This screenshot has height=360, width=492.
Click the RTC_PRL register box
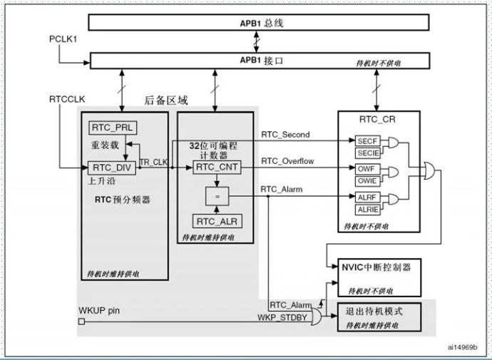[113, 128]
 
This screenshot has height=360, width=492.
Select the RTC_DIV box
[112, 168]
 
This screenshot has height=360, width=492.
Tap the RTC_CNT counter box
[217, 167]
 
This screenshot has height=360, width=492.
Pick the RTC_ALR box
[217, 222]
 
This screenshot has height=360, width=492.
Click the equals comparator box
[217, 196]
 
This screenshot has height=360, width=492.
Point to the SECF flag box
[367, 141]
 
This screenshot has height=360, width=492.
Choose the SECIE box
[368, 153]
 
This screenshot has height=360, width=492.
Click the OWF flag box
[367, 169]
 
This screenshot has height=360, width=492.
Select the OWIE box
[367, 181]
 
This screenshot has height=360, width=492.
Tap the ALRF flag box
[367, 197]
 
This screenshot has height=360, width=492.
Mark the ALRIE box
[367, 210]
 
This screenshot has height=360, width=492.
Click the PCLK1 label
[63, 39]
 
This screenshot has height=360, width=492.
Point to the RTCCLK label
[67, 99]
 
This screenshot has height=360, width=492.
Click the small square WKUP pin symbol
[81, 322]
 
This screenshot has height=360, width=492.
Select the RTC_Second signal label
[285, 135]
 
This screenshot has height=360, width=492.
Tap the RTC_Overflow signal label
[287, 161]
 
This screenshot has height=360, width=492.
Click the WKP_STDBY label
[282, 317]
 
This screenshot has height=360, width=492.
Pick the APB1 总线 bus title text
[262, 24]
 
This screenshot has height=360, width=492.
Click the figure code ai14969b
[463, 347]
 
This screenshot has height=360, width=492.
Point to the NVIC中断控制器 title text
[376, 267]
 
